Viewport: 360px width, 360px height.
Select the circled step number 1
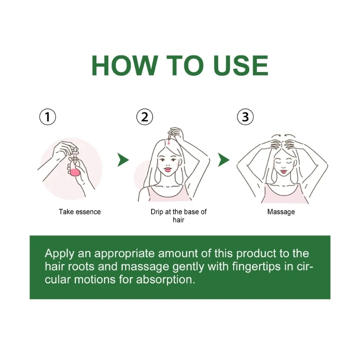pos(48,117)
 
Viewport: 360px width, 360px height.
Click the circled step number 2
pos(144,117)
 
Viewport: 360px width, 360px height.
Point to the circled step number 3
pos(245,117)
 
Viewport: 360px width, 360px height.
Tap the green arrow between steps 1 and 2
pos(123,159)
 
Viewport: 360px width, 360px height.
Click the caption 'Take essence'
pos(80,211)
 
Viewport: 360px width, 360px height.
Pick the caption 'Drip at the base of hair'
pos(179,216)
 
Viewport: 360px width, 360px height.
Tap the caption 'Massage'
pos(281,211)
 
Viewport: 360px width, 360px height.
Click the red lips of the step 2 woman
pos(168,171)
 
